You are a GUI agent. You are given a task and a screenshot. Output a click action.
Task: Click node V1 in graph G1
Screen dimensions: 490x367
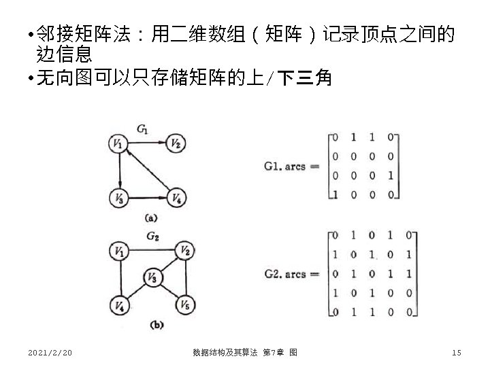point(119,143)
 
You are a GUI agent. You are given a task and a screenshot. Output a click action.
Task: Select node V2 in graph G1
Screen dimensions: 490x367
point(176,143)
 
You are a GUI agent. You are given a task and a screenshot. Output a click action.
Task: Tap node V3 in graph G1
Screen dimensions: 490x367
point(119,198)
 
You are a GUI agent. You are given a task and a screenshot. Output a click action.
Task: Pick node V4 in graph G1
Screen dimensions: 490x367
point(176,198)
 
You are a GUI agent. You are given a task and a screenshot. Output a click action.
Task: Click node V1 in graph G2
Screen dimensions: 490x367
point(119,251)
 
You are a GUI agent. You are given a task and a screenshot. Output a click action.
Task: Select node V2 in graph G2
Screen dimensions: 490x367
point(184,251)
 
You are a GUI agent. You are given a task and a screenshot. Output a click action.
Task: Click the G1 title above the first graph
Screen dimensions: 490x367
point(143,127)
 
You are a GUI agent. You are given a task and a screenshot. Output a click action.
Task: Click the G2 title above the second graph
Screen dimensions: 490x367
point(152,236)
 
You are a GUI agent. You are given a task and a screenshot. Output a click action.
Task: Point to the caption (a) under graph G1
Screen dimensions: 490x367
point(150,217)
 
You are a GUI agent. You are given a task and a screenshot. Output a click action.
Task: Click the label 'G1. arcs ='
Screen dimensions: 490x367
point(291,165)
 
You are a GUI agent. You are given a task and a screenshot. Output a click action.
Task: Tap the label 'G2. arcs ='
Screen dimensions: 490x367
point(291,274)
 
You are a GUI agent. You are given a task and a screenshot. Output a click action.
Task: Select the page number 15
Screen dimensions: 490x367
point(456,352)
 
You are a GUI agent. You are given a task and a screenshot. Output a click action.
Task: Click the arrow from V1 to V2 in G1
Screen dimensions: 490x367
point(147,143)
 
